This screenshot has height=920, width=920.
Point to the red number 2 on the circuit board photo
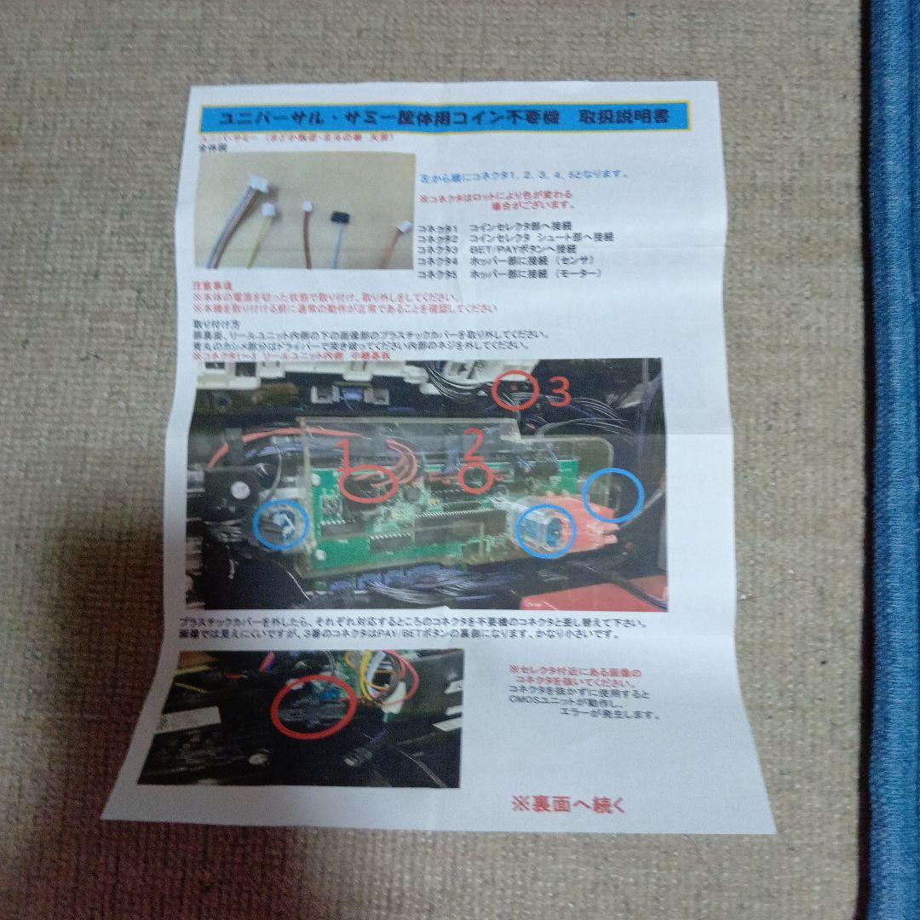[x=473, y=441]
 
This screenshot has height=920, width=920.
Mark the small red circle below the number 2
[x=474, y=479]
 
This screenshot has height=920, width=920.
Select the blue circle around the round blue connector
[x=546, y=530]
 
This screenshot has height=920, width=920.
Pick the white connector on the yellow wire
[x=270, y=209]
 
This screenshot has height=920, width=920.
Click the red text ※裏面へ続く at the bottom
[x=567, y=803]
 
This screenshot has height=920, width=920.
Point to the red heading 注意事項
[x=214, y=285]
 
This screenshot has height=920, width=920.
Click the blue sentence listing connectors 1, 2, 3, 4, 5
[x=524, y=175]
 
